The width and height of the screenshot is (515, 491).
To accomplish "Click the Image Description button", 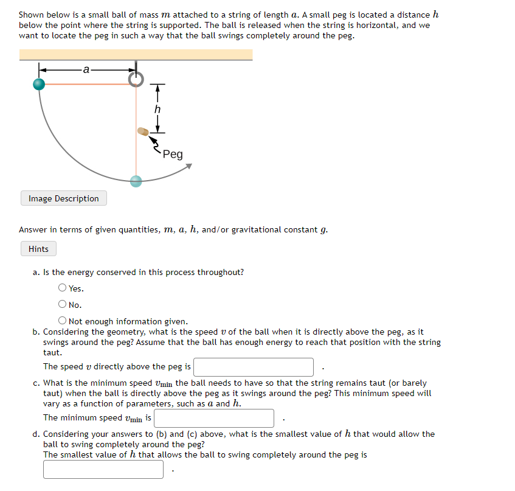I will click(x=63, y=198).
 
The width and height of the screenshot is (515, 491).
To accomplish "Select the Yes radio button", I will click(x=63, y=288).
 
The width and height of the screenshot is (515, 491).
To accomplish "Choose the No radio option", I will click(x=63, y=305).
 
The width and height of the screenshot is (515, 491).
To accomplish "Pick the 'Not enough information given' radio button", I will click(x=63, y=321).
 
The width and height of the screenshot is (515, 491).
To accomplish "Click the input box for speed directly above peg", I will click(x=254, y=367).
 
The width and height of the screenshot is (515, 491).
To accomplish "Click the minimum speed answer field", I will click(x=214, y=418).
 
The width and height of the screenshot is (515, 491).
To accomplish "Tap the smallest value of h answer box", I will click(x=103, y=469).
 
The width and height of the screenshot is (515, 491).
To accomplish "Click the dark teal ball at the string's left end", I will click(x=40, y=84).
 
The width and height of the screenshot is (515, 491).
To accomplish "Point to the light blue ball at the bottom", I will click(x=136, y=181).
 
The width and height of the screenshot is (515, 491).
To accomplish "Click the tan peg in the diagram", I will click(x=142, y=131).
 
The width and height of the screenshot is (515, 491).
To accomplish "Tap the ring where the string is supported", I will click(x=136, y=79).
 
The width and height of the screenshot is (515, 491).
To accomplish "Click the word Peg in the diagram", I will click(x=172, y=155).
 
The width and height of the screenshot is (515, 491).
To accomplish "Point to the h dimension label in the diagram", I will click(x=157, y=110).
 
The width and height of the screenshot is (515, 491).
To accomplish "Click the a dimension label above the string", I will click(x=86, y=69).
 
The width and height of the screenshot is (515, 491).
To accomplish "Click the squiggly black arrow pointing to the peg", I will click(x=155, y=145).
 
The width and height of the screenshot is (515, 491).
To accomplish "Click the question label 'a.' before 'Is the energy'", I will click(x=36, y=272).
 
